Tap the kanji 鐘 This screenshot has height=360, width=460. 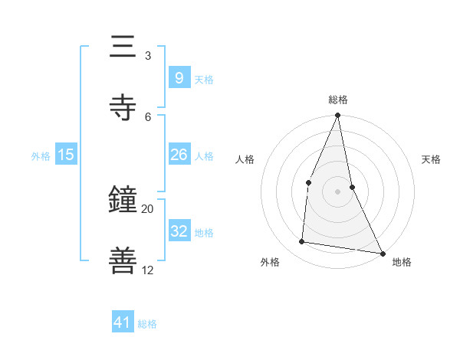point(123,200)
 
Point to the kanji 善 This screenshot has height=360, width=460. point(123,260)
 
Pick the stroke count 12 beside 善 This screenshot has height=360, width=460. point(147,270)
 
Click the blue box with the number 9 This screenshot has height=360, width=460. point(179,77)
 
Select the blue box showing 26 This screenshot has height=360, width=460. point(179,155)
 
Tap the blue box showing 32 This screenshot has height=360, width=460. point(179,231)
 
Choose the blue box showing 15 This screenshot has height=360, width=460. point(66,155)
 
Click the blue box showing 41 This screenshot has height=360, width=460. point(123,323)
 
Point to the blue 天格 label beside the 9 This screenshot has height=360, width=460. point(203,79)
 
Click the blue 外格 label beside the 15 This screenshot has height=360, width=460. point(41,155)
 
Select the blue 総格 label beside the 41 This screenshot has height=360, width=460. point(147,324)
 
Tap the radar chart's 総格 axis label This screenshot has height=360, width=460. point(337,100)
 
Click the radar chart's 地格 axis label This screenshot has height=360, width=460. point(402,263)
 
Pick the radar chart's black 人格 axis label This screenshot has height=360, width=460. point(245,159)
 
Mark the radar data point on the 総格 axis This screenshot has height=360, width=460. point(337,115)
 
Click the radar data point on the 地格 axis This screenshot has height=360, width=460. point(382,253)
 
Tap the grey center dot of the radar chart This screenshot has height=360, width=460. point(337,191)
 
